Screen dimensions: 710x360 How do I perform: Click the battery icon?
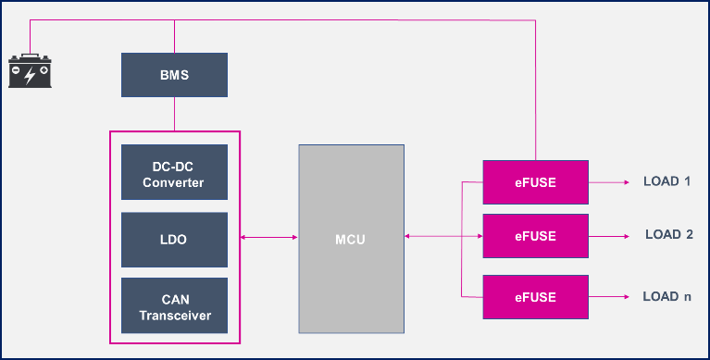click(30, 70)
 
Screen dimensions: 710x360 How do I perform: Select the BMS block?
click(174, 75)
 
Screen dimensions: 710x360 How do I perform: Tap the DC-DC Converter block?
click(174, 172)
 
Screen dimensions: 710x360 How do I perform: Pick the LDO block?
click(174, 240)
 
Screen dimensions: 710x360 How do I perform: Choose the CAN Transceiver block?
click(174, 305)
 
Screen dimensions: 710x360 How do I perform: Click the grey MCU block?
click(352, 239)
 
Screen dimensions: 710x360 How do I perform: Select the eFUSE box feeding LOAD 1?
click(536, 182)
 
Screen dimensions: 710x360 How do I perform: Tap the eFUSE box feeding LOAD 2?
click(536, 236)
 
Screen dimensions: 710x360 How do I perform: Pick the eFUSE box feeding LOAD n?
click(536, 297)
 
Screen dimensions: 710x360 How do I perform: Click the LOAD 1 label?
click(667, 181)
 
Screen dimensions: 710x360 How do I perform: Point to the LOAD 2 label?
click(669, 234)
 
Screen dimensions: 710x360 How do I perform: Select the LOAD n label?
click(667, 296)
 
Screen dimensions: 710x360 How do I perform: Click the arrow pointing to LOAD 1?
click(609, 182)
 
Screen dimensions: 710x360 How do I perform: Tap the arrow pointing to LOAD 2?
click(609, 236)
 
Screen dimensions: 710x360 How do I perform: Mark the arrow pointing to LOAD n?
click(609, 297)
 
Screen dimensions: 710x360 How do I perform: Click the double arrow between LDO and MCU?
click(269, 237)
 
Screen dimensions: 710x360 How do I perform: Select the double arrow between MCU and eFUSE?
click(443, 236)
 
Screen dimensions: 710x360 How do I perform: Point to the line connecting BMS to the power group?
click(174, 114)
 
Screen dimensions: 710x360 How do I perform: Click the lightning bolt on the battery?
click(30, 75)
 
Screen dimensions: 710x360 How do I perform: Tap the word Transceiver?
click(175, 316)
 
